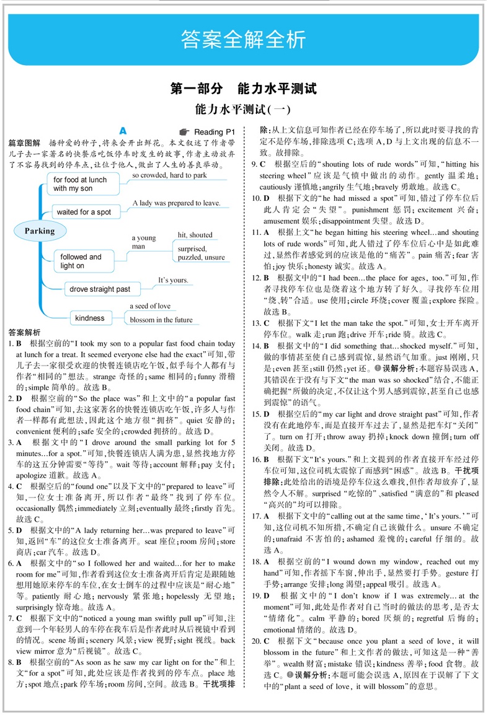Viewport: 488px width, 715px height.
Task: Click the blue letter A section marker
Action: point(123,131)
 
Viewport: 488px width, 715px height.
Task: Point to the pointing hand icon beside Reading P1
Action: point(183,132)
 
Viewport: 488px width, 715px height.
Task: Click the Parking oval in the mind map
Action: point(40,231)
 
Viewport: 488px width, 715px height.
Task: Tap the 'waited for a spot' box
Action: point(84,212)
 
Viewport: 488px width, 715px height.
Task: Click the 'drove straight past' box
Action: point(100,289)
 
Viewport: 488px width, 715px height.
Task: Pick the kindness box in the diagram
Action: point(90,318)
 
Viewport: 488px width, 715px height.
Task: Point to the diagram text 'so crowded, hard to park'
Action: point(169,175)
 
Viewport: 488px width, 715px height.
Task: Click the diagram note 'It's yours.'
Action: point(173,280)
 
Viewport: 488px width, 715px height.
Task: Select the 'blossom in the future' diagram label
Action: point(161,320)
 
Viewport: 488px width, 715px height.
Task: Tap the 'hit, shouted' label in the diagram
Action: point(195,235)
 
